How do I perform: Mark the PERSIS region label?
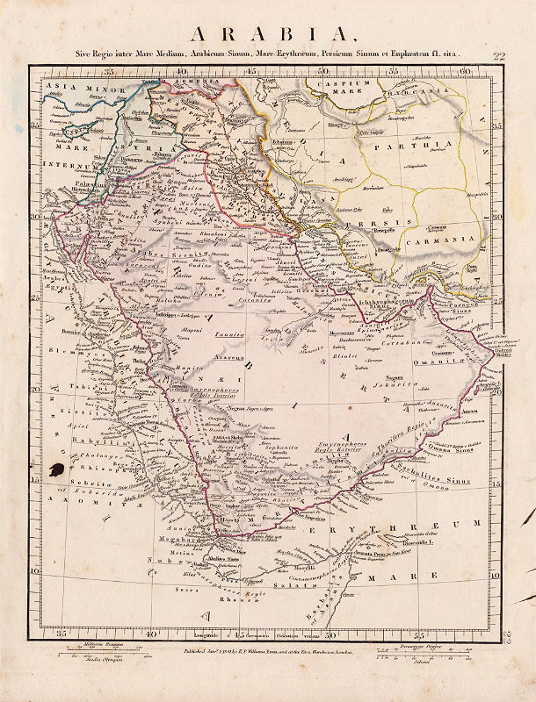(369, 224)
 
